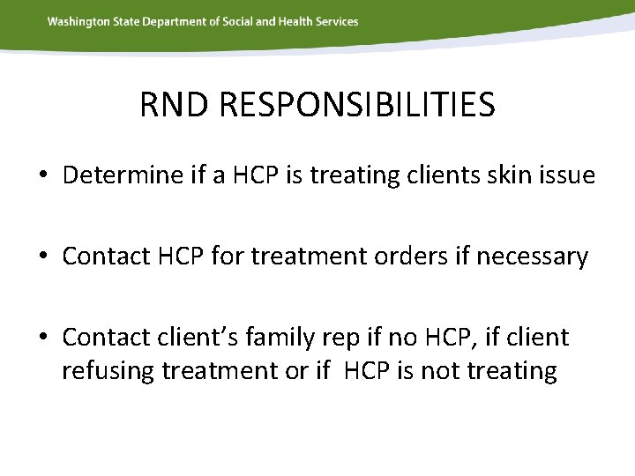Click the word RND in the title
tap(176, 106)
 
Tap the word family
tap(303, 338)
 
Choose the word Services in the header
tap(338, 21)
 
